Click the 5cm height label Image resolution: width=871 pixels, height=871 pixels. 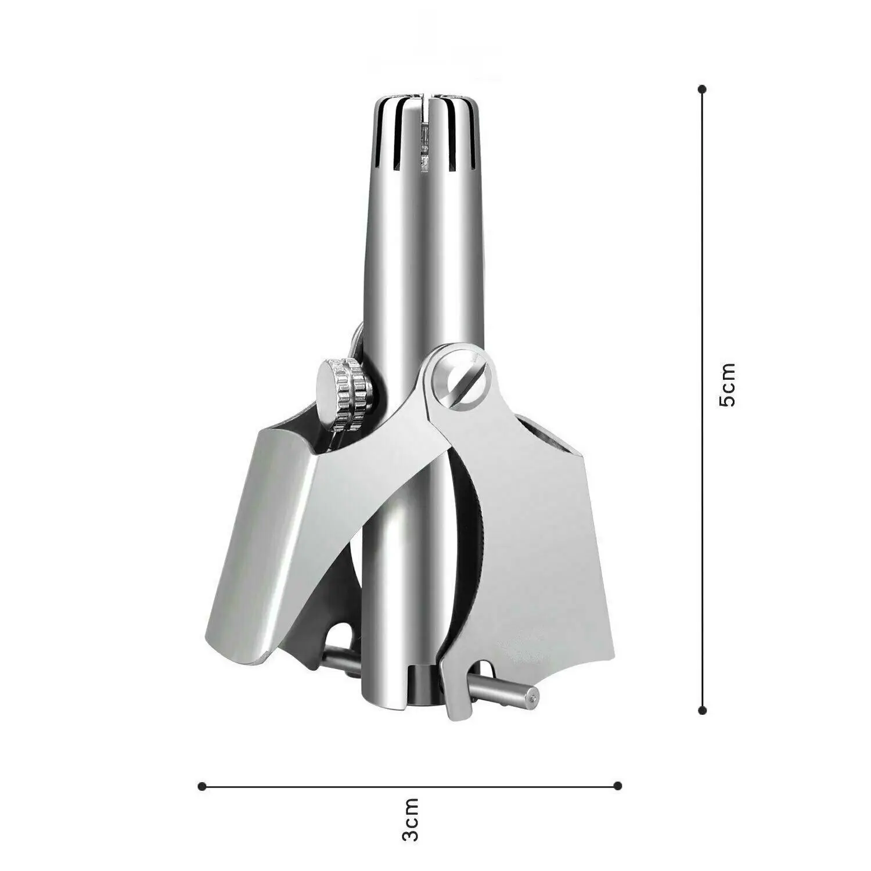727,385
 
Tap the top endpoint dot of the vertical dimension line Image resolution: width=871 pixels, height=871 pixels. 703,89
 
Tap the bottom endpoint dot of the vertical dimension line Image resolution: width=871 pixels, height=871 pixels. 703,710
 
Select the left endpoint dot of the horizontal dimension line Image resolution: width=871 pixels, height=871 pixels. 201,786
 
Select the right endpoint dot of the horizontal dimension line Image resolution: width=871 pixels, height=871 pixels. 618,786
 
